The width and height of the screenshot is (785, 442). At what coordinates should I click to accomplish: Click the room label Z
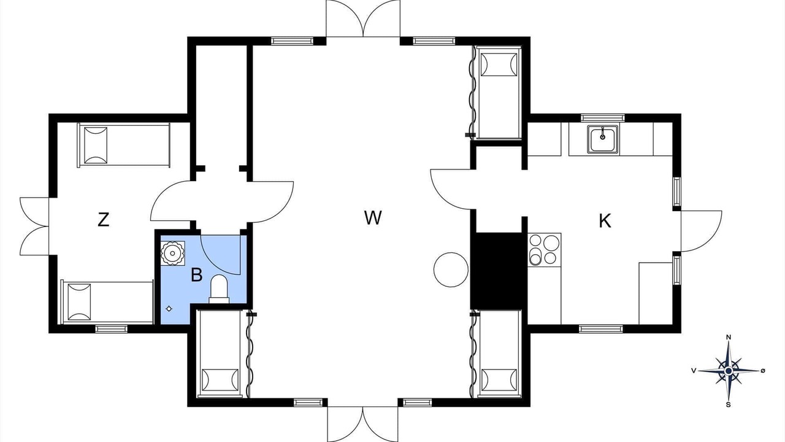click(x=103, y=220)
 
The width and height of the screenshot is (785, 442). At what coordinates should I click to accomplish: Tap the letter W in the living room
click(x=373, y=217)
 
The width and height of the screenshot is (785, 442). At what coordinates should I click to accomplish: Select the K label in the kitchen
click(x=605, y=221)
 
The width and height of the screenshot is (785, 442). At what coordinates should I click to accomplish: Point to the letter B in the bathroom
click(x=197, y=275)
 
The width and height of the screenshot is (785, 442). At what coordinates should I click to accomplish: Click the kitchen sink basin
click(x=602, y=140)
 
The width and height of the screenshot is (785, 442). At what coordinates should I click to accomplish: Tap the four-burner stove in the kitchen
click(x=544, y=250)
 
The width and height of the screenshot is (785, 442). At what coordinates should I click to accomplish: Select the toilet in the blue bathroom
click(x=219, y=289)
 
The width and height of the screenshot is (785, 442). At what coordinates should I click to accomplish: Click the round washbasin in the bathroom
click(x=172, y=253)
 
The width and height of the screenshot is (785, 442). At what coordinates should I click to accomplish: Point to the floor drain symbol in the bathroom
click(x=169, y=309)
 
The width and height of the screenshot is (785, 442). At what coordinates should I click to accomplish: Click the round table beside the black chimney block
click(x=451, y=269)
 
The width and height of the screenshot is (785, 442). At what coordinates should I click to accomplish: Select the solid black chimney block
click(x=499, y=271)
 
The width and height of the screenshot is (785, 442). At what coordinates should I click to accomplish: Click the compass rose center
click(x=729, y=371)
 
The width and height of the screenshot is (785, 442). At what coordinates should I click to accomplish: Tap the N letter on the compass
click(x=729, y=338)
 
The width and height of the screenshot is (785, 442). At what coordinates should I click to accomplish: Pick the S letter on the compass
click(x=728, y=405)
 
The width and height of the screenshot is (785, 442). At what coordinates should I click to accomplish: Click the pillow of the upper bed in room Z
click(x=96, y=145)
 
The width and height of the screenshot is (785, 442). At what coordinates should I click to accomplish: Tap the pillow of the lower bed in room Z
click(x=79, y=303)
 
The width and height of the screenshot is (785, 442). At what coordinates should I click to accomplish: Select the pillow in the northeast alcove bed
click(x=499, y=64)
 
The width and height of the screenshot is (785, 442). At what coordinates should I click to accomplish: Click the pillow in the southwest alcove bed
click(x=220, y=381)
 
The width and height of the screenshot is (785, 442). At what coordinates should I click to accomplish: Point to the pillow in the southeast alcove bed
click(x=499, y=381)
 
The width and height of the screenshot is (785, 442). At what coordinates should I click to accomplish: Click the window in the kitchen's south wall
click(x=600, y=329)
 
